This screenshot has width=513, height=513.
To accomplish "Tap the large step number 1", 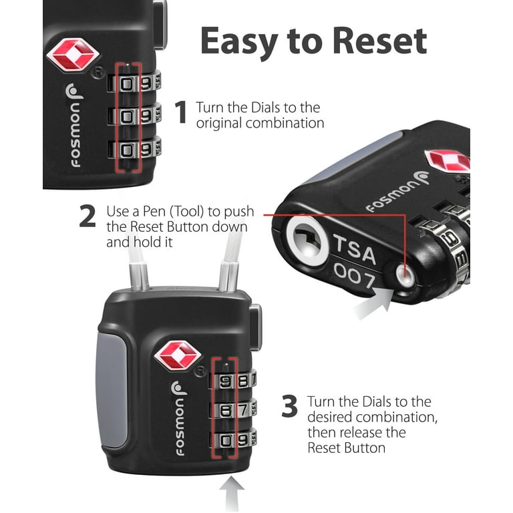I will click(x=180, y=114).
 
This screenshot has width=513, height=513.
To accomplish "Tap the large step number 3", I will click(x=289, y=407).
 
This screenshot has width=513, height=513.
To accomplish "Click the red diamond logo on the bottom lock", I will click(x=178, y=356).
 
